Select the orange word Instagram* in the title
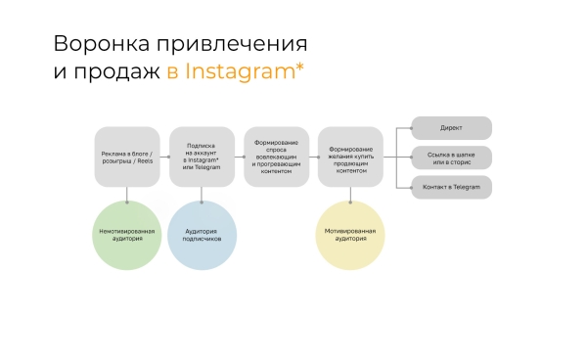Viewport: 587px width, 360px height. pos(246,72)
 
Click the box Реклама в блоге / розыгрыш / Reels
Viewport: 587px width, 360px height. pos(127,157)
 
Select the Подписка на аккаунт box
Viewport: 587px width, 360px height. pos(202,157)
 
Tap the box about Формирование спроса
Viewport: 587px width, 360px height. pos(276,157)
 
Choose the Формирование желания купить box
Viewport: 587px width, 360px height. pos(350,157)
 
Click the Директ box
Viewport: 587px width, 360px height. pos(451,128)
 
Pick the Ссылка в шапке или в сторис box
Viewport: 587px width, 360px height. pos(451,157)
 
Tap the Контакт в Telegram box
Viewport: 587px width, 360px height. pos(451,187)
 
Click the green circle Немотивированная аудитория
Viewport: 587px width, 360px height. pos(127,235)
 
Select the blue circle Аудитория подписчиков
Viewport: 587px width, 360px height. pos(202,235)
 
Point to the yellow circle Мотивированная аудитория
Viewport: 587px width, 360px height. pos(350,235)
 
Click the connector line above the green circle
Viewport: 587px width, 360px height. pos(127,194)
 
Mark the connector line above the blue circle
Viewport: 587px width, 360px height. pos(202,194)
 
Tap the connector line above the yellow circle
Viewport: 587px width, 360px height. pos(350,194)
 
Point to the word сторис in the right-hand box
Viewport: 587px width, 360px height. pos(462,161)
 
